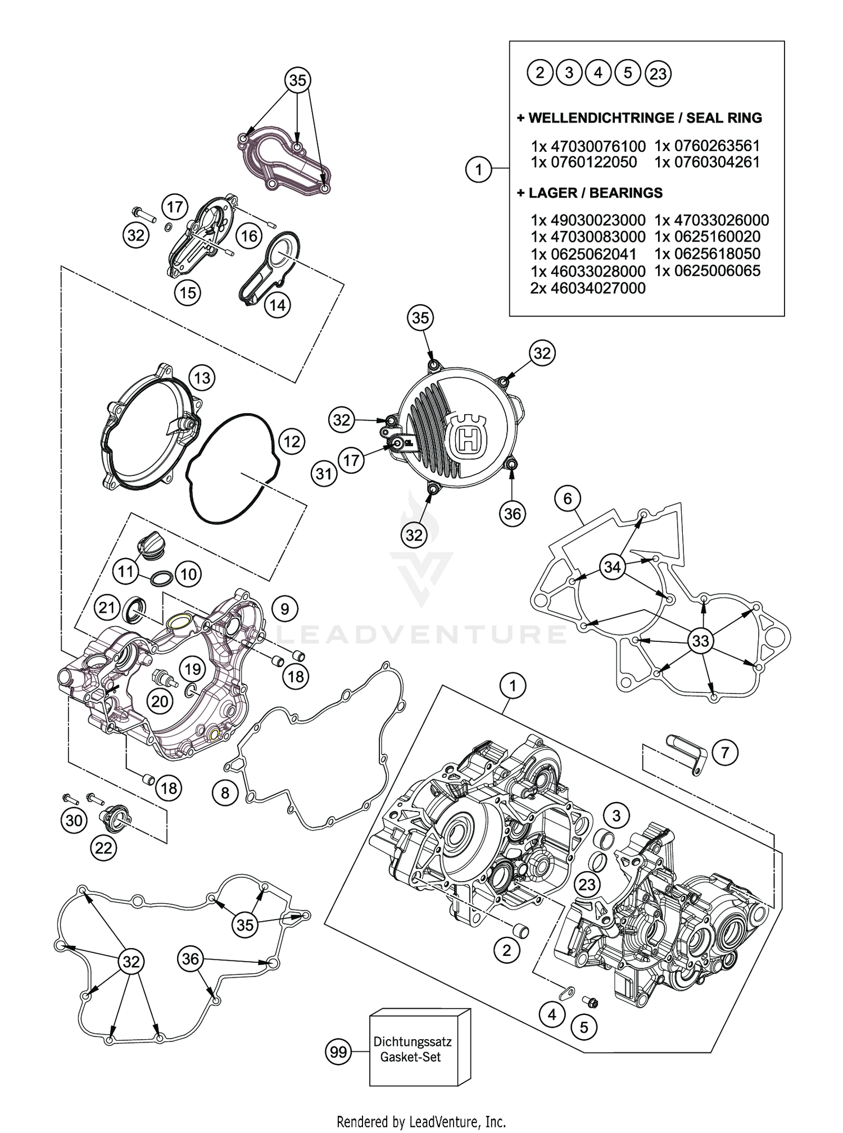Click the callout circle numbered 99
(x=338, y=1052)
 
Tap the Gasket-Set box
(x=419, y=1049)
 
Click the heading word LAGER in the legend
(x=551, y=193)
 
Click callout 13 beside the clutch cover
(x=202, y=378)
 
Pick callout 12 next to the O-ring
(x=292, y=441)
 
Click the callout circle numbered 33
(x=700, y=641)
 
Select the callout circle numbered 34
(x=612, y=567)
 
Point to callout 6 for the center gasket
(x=568, y=498)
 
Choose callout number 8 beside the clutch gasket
(x=225, y=792)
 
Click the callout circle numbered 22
(x=103, y=848)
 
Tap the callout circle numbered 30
(x=74, y=821)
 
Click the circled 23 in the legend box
(x=658, y=74)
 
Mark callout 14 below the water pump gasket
(x=278, y=305)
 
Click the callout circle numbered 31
(x=324, y=474)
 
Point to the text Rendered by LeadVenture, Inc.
(x=421, y=1122)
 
